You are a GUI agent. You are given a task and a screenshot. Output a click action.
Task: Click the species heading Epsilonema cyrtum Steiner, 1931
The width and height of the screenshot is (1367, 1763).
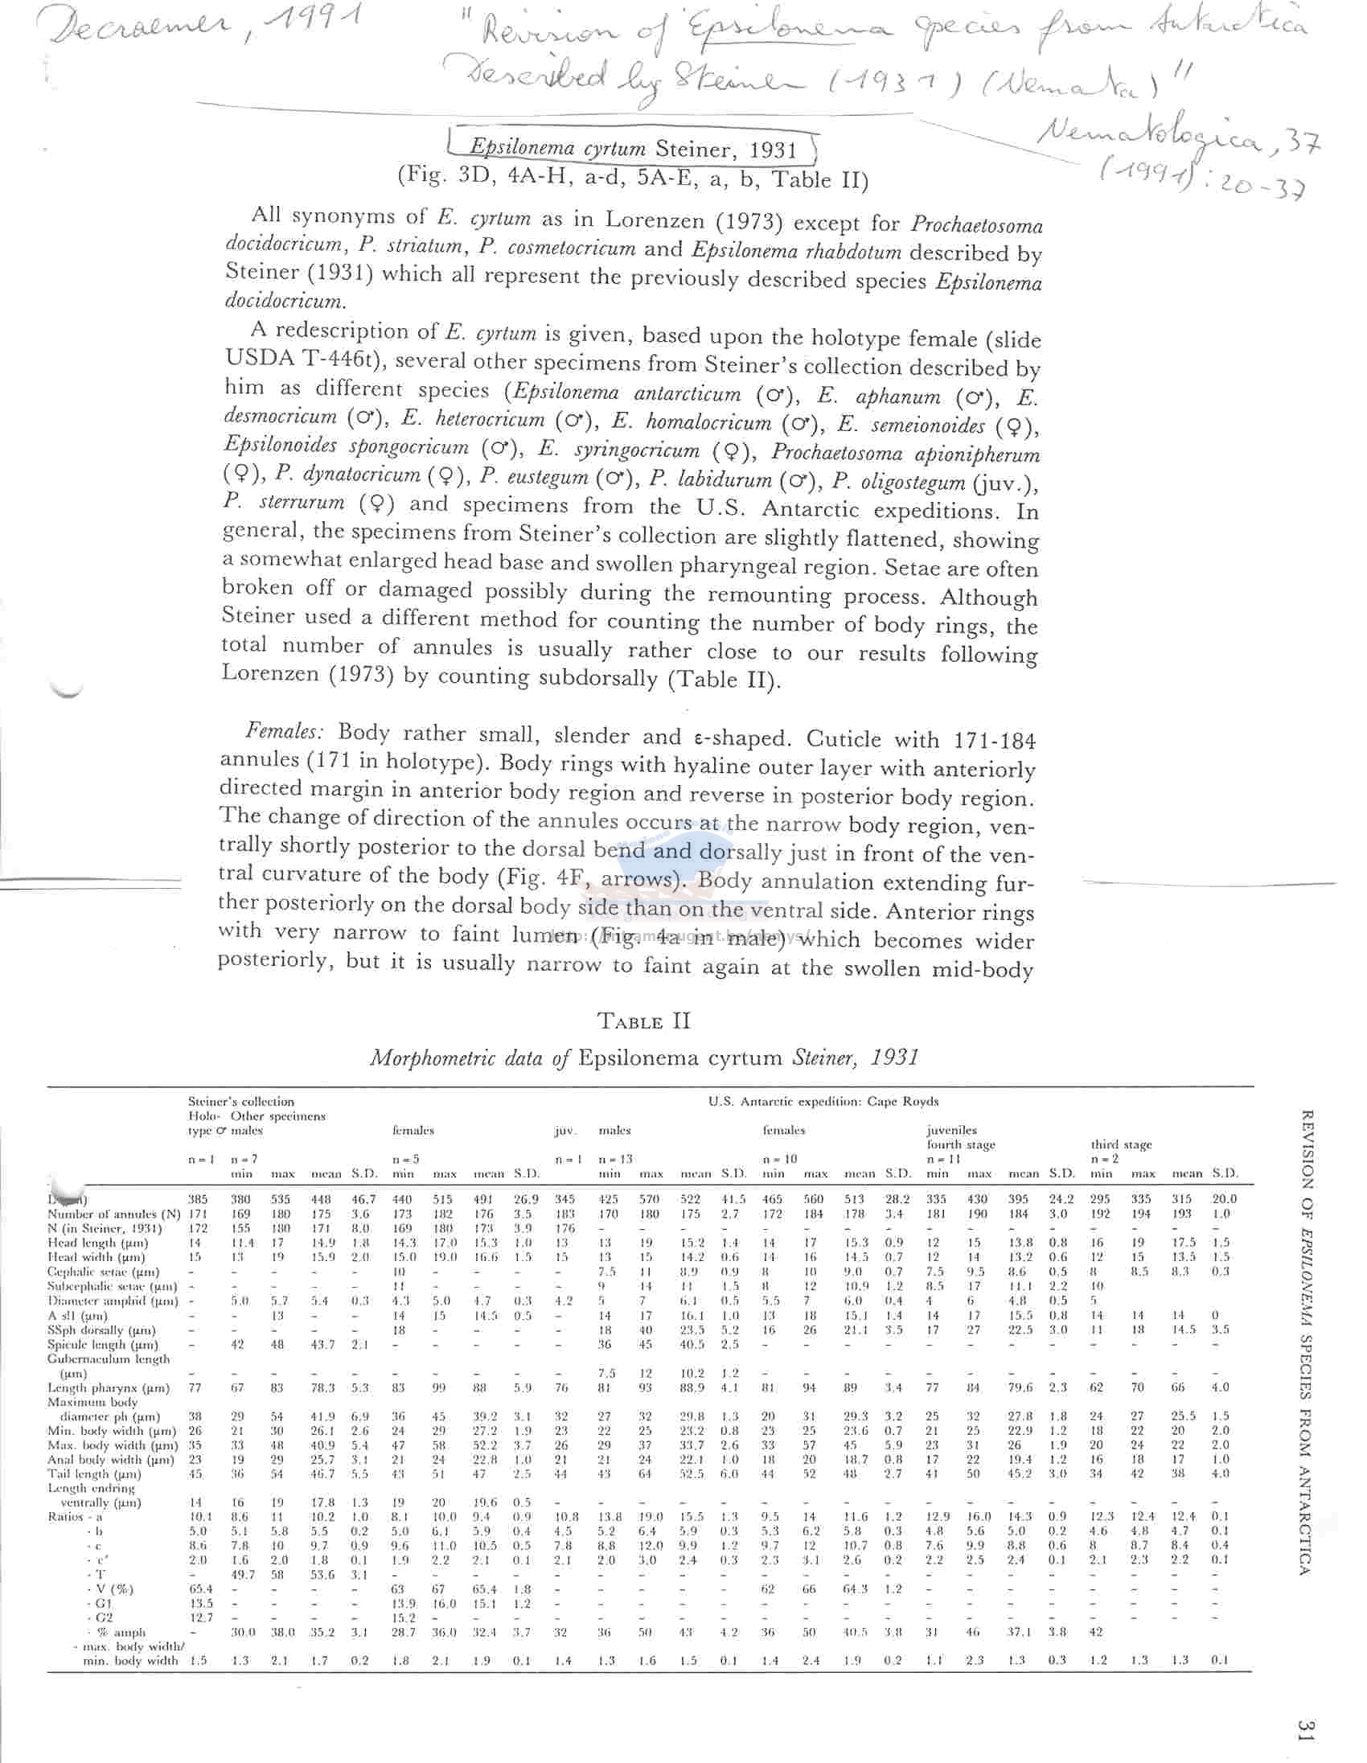[x=633, y=149]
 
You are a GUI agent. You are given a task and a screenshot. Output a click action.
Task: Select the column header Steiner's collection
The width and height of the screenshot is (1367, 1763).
[x=240, y=1101]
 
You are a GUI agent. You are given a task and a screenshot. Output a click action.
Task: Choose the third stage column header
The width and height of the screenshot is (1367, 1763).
[x=1122, y=1145]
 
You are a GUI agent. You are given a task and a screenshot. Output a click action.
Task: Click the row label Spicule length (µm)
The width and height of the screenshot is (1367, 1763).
[x=102, y=1344]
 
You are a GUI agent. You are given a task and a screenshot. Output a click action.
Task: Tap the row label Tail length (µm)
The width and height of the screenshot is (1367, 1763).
[x=96, y=1474]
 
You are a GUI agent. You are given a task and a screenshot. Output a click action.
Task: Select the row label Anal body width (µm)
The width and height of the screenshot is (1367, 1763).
[x=105, y=1460]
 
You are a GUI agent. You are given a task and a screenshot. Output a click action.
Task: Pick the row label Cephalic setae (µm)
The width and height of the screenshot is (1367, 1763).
[x=103, y=1272]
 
